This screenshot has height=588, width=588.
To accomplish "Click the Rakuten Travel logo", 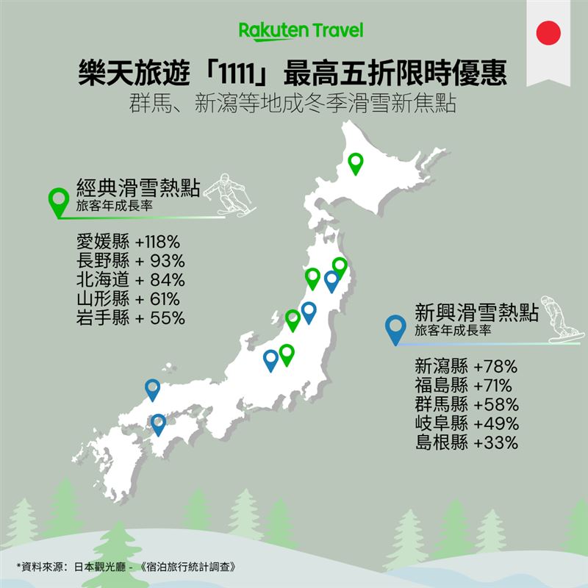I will [x=301, y=31].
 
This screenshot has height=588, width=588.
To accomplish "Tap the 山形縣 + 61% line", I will [x=128, y=299].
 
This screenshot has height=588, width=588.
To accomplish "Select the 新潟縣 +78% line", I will [x=467, y=365].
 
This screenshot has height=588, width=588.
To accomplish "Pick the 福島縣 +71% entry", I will [x=466, y=384].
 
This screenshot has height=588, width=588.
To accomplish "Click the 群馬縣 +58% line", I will [x=467, y=404].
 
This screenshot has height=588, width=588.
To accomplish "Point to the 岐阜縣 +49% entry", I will [x=467, y=423].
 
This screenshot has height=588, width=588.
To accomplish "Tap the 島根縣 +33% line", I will [x=467, y=442].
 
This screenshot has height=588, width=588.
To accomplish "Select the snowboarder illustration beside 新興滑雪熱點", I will [x=556, y=319].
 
